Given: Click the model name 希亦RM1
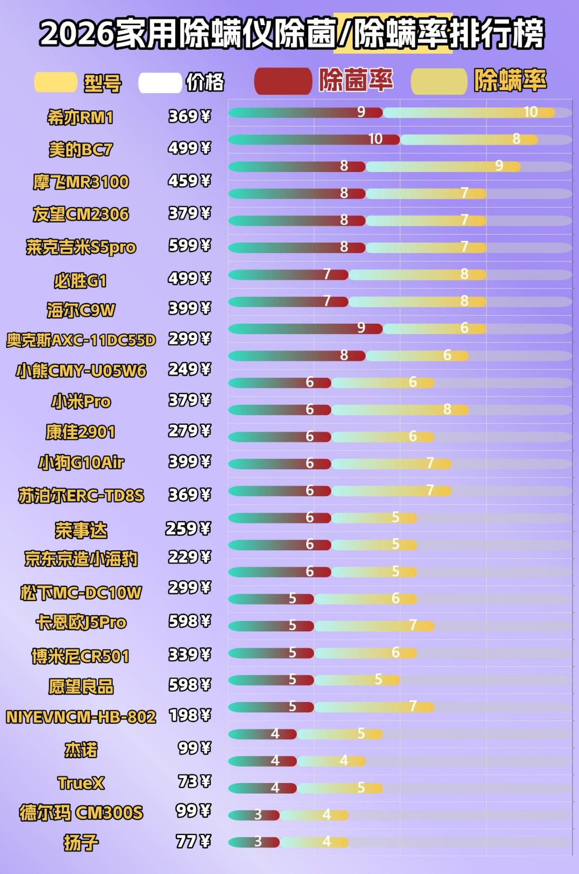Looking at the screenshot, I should click(x=80, y=117).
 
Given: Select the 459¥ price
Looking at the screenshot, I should click(x=189, y=181).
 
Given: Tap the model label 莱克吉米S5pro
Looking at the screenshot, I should click(x=81, y=247).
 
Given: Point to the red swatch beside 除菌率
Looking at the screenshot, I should click(x=283, y=81).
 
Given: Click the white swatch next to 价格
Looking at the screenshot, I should click(x=160, y=83).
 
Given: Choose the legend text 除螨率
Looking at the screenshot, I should click(x=510, y=80).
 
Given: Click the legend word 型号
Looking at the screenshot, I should click(x=103, y=83).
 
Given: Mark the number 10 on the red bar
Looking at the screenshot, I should click(x=375, y=139).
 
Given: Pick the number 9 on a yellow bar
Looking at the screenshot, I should click(x=499, y=166).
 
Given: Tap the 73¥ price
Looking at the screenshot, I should click(x=194, y=781).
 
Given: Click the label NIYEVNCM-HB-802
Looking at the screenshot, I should click(x=81, y=717).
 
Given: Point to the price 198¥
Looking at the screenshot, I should click(x=190, y=715).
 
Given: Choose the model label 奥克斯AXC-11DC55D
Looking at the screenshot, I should click(x=81, y=340).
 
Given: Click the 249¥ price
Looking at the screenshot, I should click(x=189, y=370).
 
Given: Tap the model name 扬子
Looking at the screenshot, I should click(x=81, y=843).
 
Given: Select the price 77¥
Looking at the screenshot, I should click(x=193, y=842).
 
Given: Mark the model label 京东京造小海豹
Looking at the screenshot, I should click(x=81, y=559).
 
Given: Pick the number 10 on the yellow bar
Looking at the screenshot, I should click(x=530, y=112).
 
